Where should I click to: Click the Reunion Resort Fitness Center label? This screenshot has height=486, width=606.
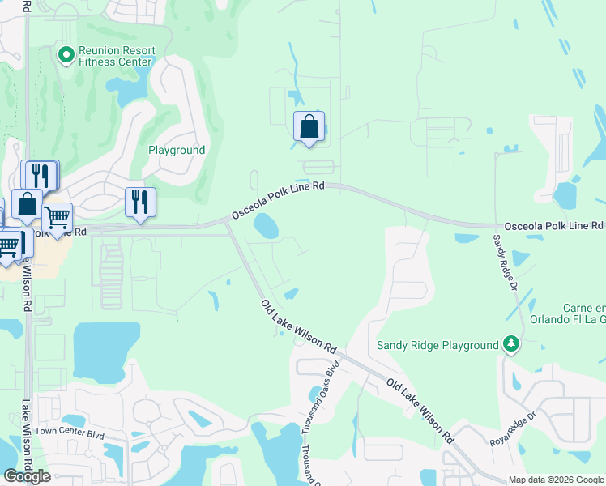pos(116,55)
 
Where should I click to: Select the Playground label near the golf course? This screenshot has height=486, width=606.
pos(177,151)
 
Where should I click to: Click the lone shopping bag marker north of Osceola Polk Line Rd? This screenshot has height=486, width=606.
pos(309,127)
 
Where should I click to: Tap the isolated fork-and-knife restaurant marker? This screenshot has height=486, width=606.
pos(140,202)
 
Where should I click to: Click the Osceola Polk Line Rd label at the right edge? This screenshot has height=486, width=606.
pos(553,225)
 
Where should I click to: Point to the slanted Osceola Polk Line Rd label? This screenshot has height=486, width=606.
pos(278,200)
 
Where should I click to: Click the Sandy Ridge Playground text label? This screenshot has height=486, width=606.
pos(437,345)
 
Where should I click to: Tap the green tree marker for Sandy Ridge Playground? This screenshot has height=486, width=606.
pos(510,344)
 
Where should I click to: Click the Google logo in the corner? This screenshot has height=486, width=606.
pos(27,476)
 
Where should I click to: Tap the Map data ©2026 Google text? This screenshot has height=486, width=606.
pos(556,480)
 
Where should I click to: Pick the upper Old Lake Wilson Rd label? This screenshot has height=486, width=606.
pos(298,326)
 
